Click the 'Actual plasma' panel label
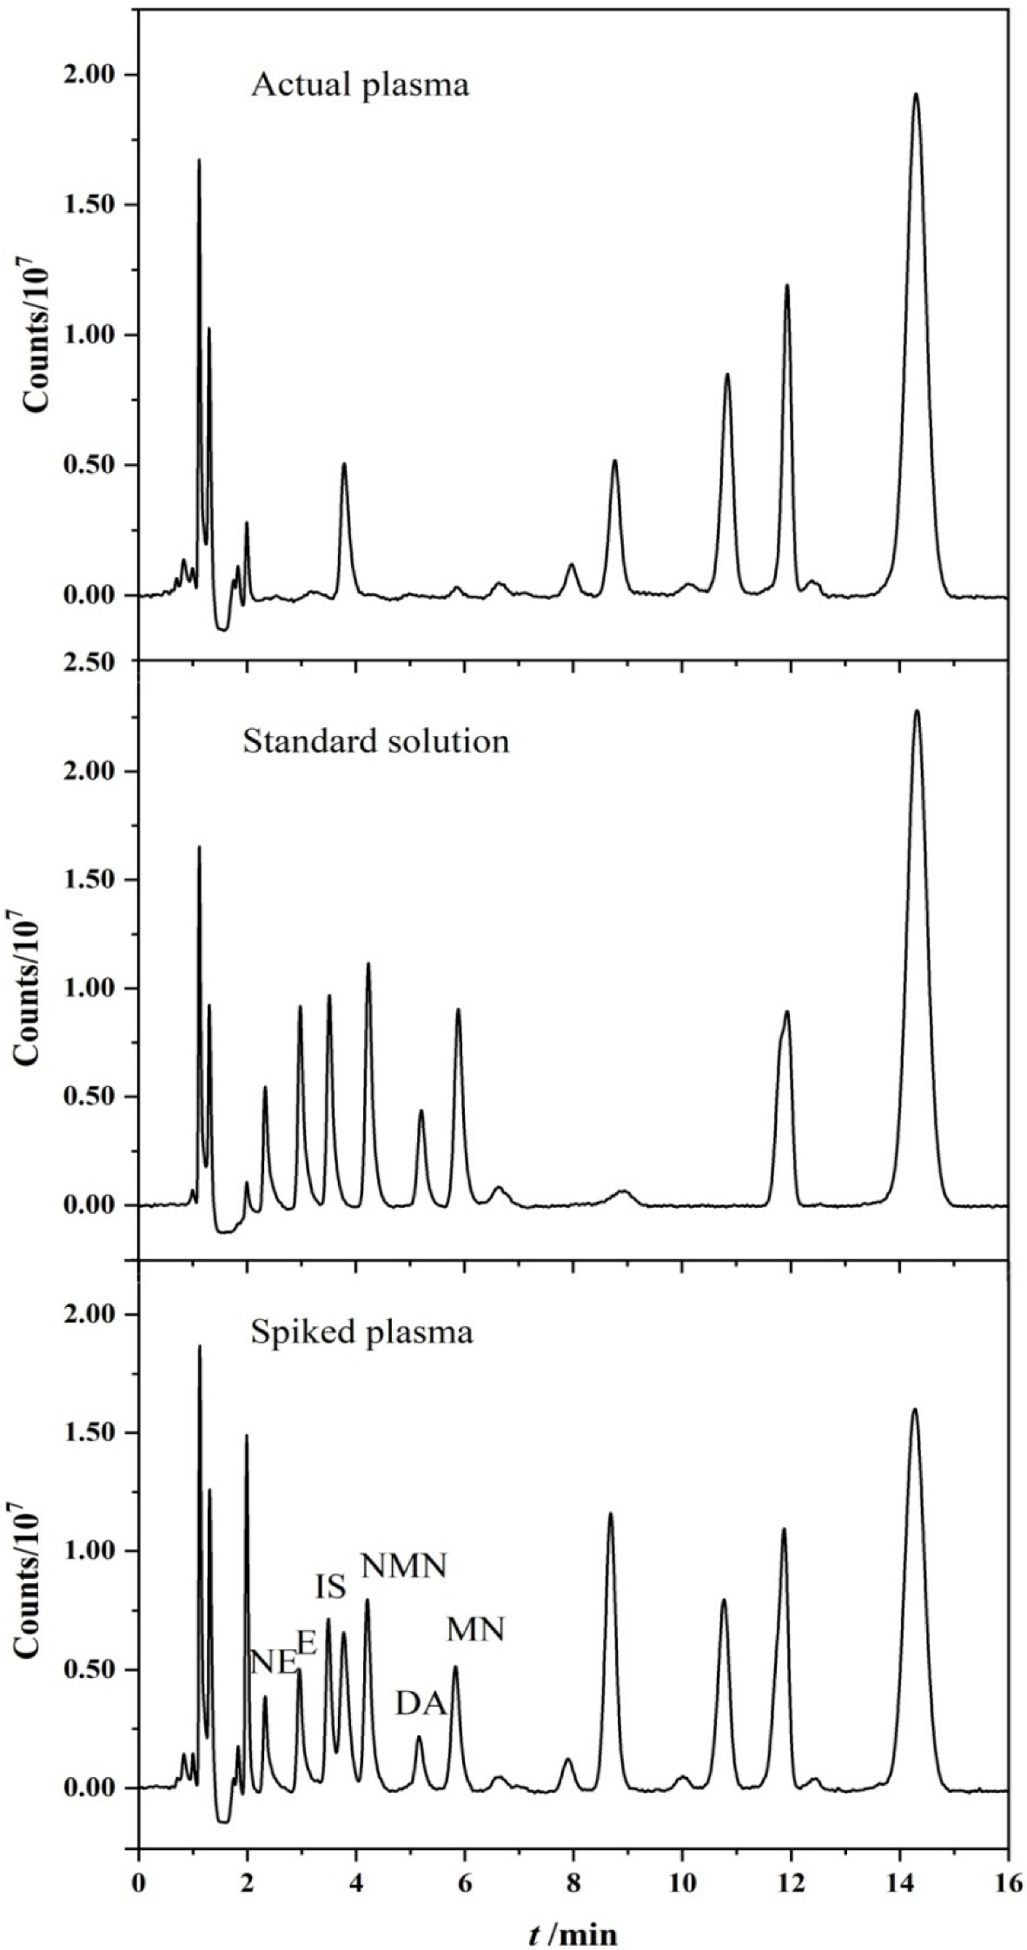click(x=360, y=86)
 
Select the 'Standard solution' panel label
click(x=375, y=741)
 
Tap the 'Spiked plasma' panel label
click(x=361, y=1332)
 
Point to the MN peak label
click(x=475, y=1629)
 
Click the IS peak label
click(x=331, y=1588)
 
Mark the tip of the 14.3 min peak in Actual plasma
click(x=916, y=94)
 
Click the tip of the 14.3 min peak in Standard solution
click(x=917, y=711)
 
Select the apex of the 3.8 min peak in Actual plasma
click(x=344, y=464)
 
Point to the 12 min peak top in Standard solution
click(x=787, y=1011)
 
